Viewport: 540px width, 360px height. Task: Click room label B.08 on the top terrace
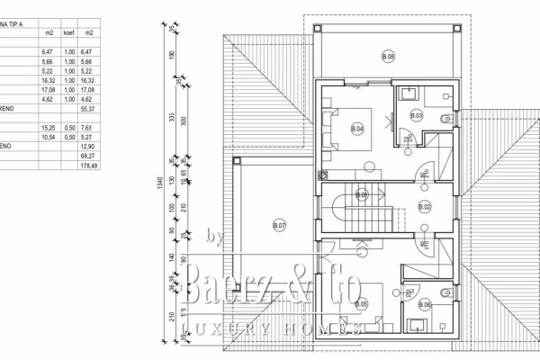click(x=388, y=57)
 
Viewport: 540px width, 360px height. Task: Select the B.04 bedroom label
click(x=357, y=129)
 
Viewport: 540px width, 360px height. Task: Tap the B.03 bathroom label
click(x=416, y=115)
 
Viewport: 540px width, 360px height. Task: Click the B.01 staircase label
click(x=362, y=194)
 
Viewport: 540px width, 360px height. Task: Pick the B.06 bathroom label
click(x=425, y=305)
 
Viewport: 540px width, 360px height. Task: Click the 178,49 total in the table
click(x=88, y=166)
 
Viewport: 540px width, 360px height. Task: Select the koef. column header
click(x=68, y=32)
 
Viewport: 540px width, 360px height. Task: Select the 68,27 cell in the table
click(x=88, y=156)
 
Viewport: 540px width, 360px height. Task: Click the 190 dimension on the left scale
click(x=171, y=56)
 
